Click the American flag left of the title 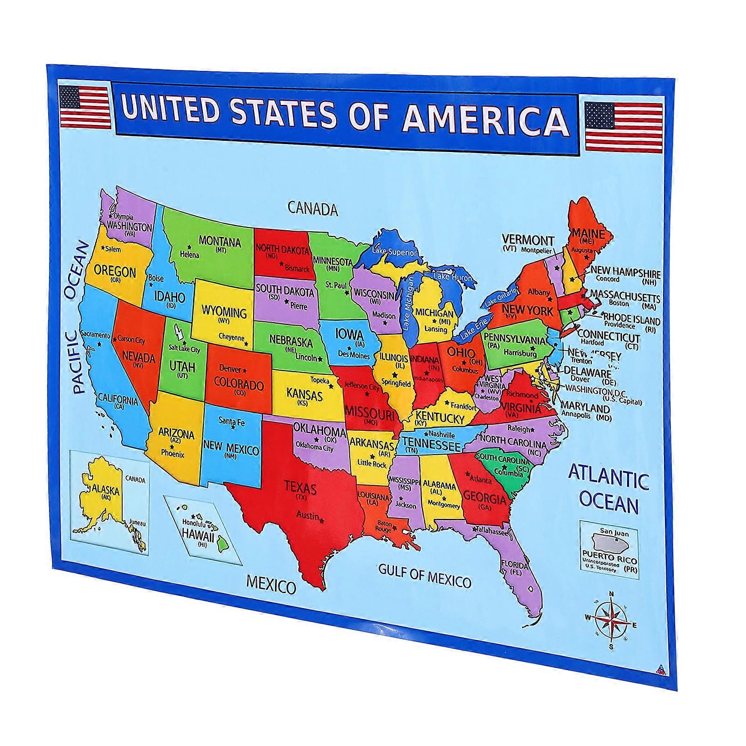85,106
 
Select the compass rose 611,620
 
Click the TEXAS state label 300,488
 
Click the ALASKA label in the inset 106,490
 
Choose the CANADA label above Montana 312,208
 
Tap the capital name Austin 308,515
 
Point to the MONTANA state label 220,242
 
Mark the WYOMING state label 224,311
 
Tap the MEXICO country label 271,585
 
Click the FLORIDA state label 514,565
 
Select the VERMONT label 528,241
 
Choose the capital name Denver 230,368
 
